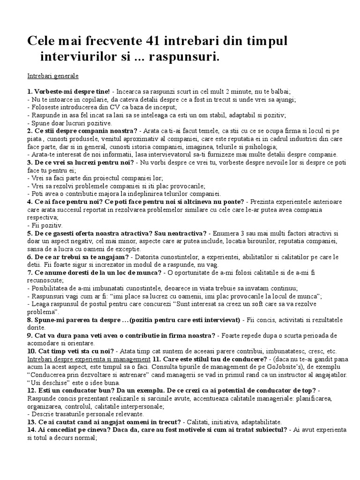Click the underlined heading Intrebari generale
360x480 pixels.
point(53,75)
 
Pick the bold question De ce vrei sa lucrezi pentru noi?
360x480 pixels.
point(87,162)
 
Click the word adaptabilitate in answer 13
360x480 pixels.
point(268,422)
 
